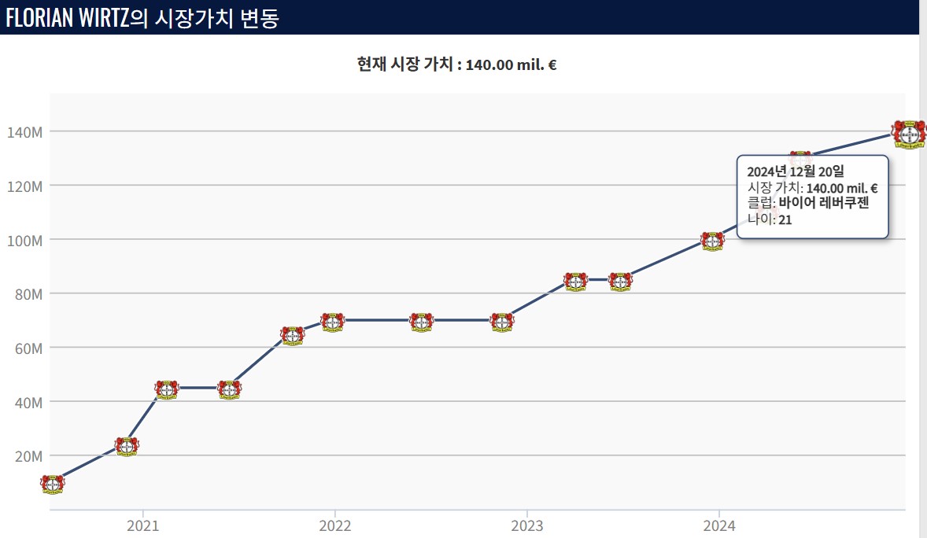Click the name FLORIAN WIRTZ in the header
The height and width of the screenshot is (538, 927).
point(68,17)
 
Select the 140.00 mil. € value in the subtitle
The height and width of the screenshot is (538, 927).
point(512,64)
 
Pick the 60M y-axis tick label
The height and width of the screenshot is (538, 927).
point(28,348)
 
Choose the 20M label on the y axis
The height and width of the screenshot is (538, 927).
point(28,456)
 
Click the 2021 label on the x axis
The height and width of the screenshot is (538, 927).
point(142,525)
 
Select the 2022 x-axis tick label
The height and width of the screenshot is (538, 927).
point(334,525)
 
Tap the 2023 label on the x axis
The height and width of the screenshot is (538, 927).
point(526,525)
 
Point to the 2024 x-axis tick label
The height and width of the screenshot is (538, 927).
point(718,525)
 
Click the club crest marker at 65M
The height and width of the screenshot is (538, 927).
point(292,335)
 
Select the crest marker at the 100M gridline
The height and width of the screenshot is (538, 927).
point(712,241)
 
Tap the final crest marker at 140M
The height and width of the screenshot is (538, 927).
point(908,134)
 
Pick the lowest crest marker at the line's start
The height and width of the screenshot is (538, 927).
point(52,484)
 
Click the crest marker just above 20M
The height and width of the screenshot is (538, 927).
point(126,446)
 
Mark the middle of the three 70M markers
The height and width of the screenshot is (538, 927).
point(422,322)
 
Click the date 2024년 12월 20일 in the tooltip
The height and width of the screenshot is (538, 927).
point(796,171)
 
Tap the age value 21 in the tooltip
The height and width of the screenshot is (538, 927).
point(785,220)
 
